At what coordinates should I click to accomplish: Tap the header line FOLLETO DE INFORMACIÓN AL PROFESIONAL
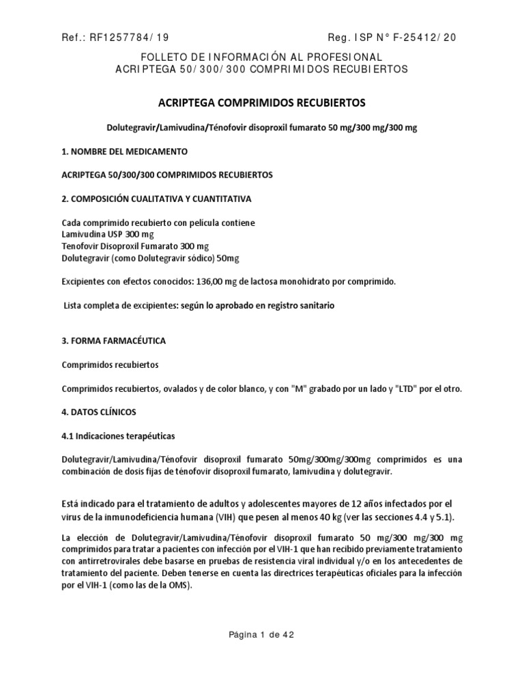point(261,57)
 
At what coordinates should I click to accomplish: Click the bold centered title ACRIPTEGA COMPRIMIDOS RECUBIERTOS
point(262,103)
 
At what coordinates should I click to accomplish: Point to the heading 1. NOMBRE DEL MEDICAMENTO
point(124,151)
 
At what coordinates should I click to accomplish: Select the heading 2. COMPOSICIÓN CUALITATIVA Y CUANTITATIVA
point(157,199)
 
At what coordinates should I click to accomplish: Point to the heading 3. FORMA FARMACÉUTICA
point(113,340)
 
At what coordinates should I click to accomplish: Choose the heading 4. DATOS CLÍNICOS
point(99,412)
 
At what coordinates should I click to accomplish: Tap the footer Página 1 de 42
point(261,634)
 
